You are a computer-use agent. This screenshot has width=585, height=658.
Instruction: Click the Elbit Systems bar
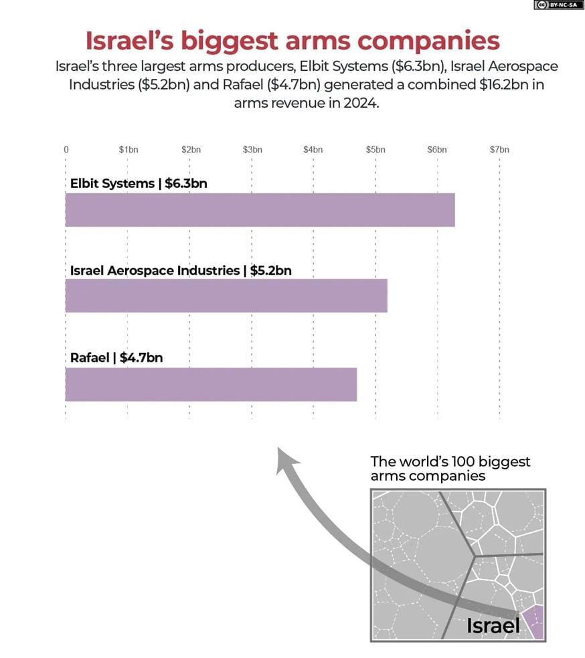coord(260,210)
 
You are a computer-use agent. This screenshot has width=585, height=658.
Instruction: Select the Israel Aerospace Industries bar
coord(226,296)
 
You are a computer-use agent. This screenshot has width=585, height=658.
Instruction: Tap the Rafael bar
coord(211,384)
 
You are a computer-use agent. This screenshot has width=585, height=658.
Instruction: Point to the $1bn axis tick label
coord(129,150)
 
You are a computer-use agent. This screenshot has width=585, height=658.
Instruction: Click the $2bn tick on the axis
coord(191,150)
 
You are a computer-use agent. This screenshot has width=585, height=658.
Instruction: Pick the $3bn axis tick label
coord(252,150)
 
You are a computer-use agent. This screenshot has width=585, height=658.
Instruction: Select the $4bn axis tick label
coord(313,150)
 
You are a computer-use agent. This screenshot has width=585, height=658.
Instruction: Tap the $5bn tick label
coord(375,150)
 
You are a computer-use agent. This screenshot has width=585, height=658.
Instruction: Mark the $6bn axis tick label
coord(437,150)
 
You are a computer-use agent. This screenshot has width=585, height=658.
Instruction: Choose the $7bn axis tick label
coord(499,150)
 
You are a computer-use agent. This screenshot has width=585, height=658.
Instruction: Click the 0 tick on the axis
coord(66,150)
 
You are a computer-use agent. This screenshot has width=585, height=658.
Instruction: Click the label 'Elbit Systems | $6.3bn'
coord(139,183)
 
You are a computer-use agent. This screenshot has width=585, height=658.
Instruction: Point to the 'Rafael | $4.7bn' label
coord(116,358)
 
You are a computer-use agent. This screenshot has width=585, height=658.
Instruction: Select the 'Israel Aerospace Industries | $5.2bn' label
coord(181,270)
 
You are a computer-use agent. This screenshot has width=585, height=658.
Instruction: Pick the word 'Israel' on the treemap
coord(493,625)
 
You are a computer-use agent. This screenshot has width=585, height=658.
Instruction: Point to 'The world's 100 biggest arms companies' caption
coord(450,469)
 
